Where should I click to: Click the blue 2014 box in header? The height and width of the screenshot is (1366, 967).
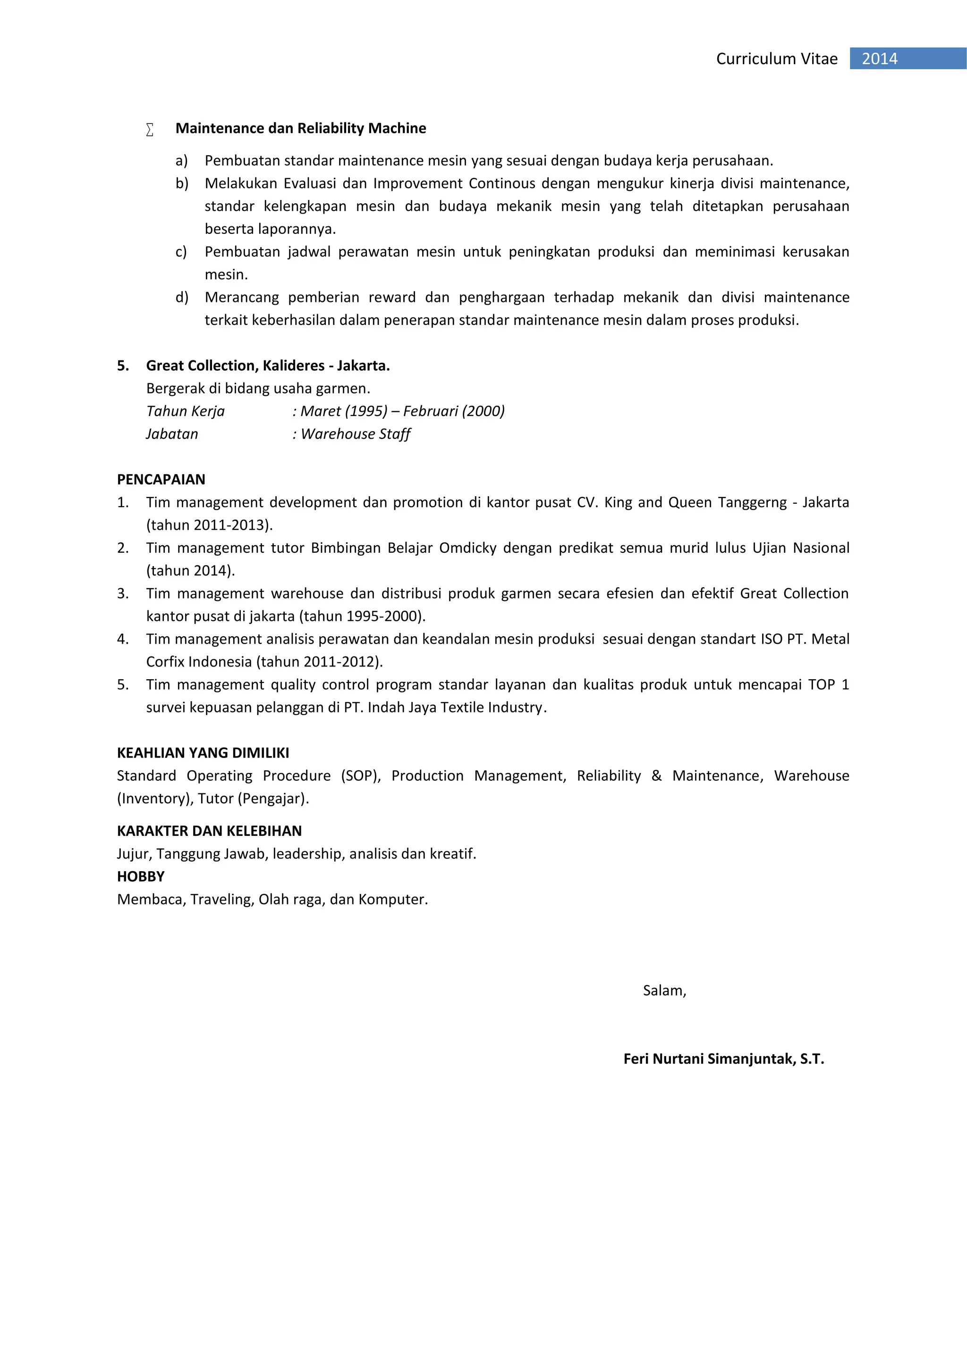[x=907, y=58]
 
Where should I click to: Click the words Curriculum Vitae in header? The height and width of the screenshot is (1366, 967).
[x=776, y=58]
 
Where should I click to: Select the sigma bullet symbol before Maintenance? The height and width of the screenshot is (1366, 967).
[x=150, y=129]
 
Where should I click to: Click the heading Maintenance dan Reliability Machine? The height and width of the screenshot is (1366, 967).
[x=301, y=128]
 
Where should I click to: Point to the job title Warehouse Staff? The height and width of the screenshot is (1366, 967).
[x=356, y=434]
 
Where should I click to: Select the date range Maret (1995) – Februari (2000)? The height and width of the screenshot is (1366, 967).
[x=402, y=411]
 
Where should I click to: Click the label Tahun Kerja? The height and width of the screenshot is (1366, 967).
[x=185, y=411]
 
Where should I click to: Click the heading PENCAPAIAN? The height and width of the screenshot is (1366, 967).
[x=161, y=480]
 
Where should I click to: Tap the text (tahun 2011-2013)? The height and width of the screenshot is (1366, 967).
[x=209, y=525]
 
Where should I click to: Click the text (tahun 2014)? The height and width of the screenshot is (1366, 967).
[x=191, y=571]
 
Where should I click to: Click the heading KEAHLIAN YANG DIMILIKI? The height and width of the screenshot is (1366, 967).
[x=203, y=753]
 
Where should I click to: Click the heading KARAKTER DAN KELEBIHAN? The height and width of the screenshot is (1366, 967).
[x=209, y=831]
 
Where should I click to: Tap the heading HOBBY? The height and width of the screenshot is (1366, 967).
[x=141, y=876]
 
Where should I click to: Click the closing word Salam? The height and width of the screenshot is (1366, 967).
[x=664, y=990]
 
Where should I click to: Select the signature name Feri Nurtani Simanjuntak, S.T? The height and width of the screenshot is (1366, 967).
[x=723, y=1058]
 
